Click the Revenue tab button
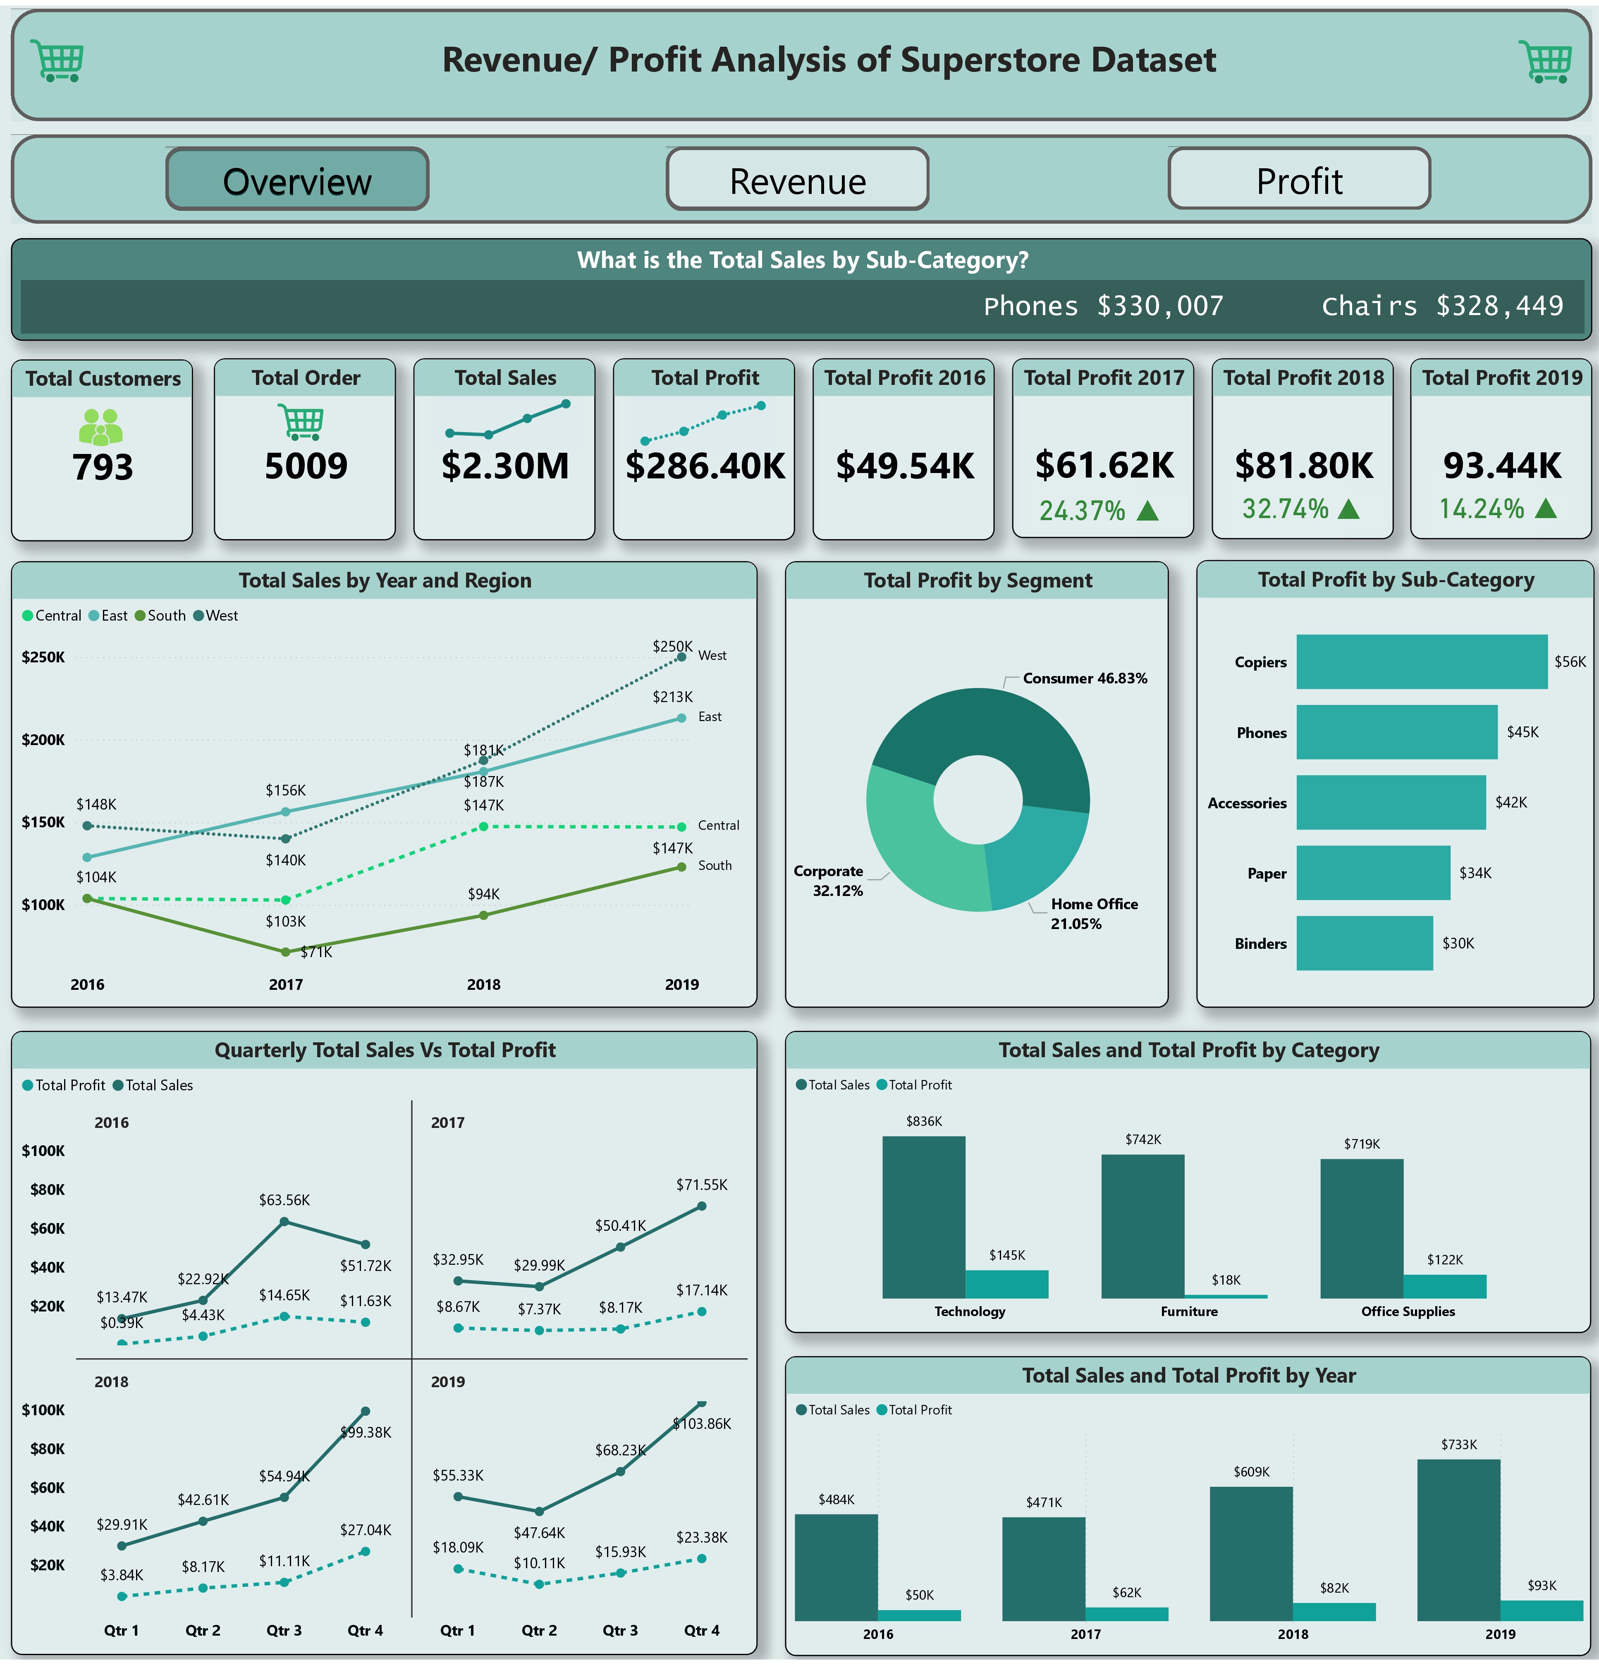pyautogui.click(x=797, y=179)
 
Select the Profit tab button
pyautogui.click(x=1298, y=179)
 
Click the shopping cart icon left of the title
pyautogui.click(x=57, y=61)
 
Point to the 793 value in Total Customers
pyautogui.click(x=102, y=467)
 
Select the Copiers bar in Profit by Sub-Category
pyautogui.click(x=1421, y=662)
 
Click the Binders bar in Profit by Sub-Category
pyautogui.click(x=1364, y=943)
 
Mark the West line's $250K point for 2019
pyautogui.click(x=681, y=657)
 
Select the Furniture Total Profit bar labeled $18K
pyautogui.click(x=1225, y=1295)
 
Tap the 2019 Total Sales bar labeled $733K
pyautogui.click(x=1458, y=1539)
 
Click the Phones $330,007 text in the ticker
pyautogui.click(x=1103, y=306)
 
